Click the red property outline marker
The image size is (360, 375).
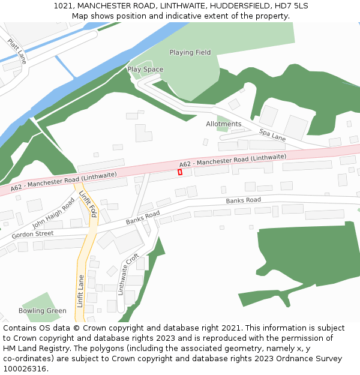pos(180,172)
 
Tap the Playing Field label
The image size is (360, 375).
pos(190,53)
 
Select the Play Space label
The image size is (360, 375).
pos(145,70)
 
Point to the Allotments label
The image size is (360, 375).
pos(223,124)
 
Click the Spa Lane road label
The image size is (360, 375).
pos(272,134)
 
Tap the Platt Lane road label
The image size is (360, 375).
pos(17,52)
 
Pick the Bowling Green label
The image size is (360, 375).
pos(42,311)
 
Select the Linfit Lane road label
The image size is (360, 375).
pos(80,291)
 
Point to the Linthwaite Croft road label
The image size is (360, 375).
pos(128,274)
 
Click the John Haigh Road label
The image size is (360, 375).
pos(53,211)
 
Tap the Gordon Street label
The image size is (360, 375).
pos(32,234)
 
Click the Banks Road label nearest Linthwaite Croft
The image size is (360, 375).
pos(143,218)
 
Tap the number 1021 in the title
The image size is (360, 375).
pos(62,5)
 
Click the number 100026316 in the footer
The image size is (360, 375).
pos(23,368)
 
